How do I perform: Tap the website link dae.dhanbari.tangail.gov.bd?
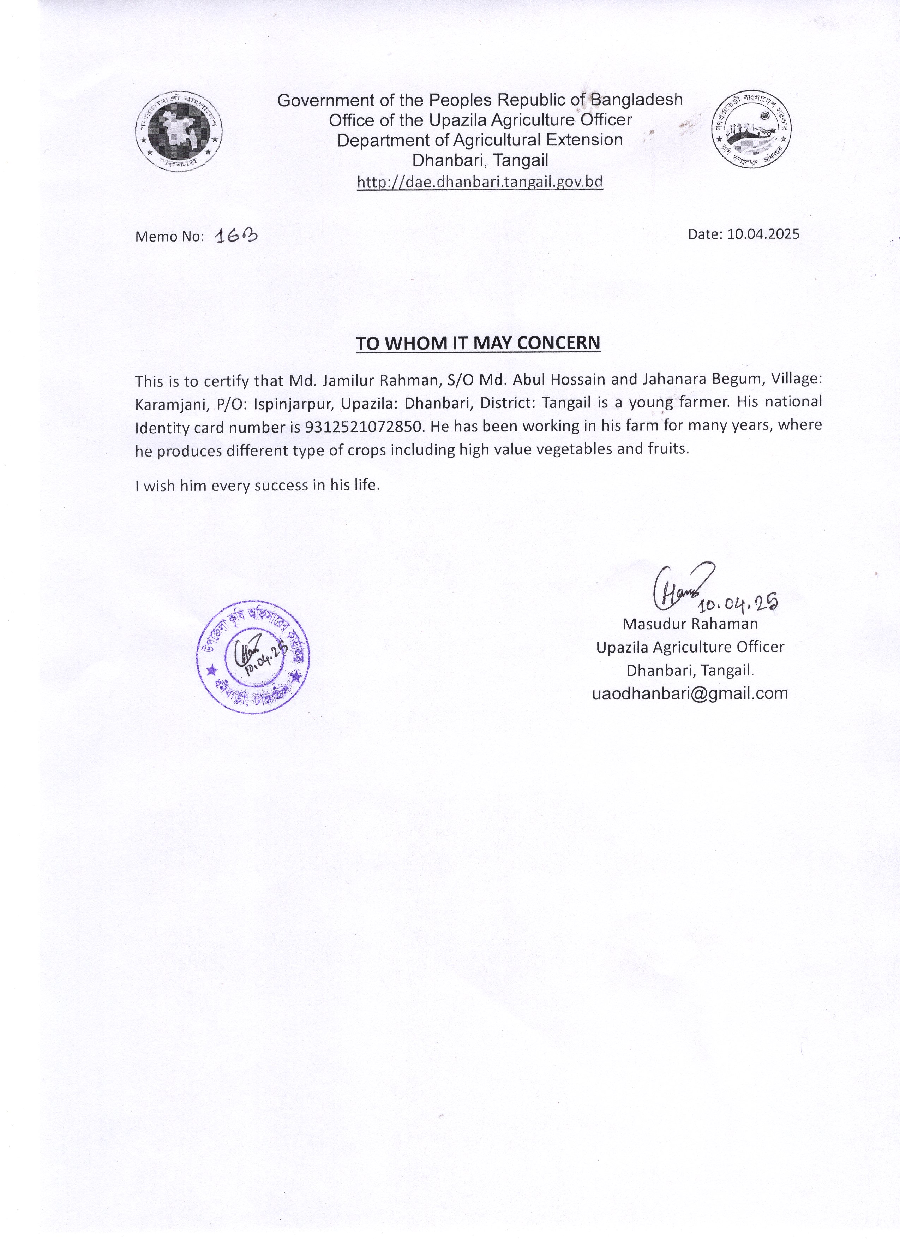tap(480, 182)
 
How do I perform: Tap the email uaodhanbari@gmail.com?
tap(690, 693)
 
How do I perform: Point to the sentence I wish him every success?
tap(257, 485)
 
